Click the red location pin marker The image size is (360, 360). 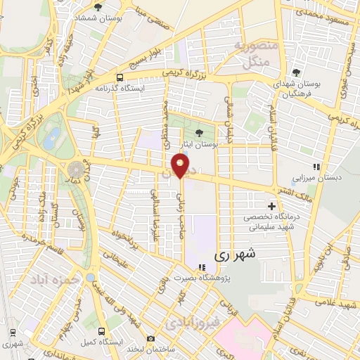point(181,167)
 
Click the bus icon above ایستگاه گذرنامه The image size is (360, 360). point(120,77)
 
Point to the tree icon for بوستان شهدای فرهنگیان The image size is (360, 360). point(296,72)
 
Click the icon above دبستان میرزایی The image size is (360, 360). point(317,167)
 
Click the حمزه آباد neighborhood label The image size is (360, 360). point(46,279)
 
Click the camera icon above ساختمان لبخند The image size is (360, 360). point(150,339)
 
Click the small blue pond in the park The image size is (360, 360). point(51,138)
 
